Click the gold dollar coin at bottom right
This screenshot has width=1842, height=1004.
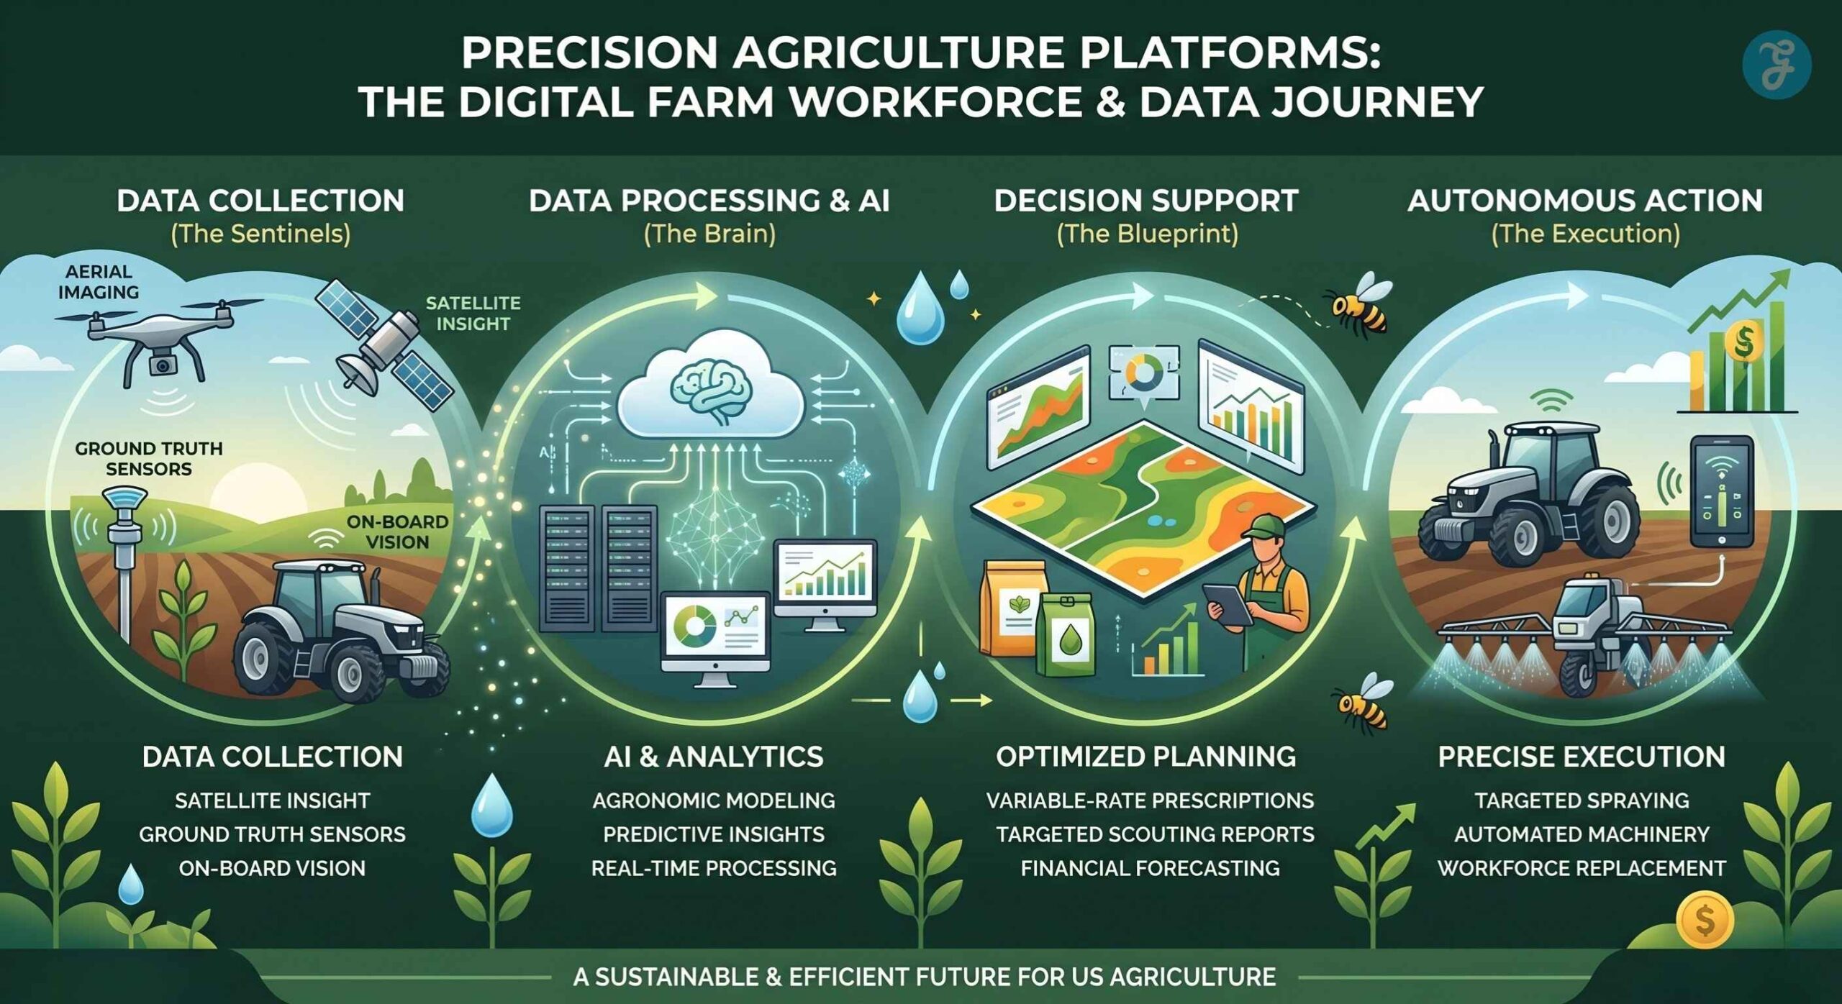[x=1704, y=920]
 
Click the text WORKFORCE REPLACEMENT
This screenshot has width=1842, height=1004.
[x=1581, y=868]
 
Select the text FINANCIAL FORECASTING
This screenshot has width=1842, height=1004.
[x=1150, y=868]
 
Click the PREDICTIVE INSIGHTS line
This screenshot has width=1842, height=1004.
[x=713, y=834]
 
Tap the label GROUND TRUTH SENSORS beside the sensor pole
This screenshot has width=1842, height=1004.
[x=148, y=459]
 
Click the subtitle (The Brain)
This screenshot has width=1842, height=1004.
[x=709, y=234]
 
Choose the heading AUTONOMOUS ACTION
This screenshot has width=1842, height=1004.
[x=1585, y=201]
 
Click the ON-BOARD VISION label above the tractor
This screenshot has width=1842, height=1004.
[x=397, y=531]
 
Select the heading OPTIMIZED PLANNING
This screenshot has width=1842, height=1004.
[x=1145, y=757]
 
